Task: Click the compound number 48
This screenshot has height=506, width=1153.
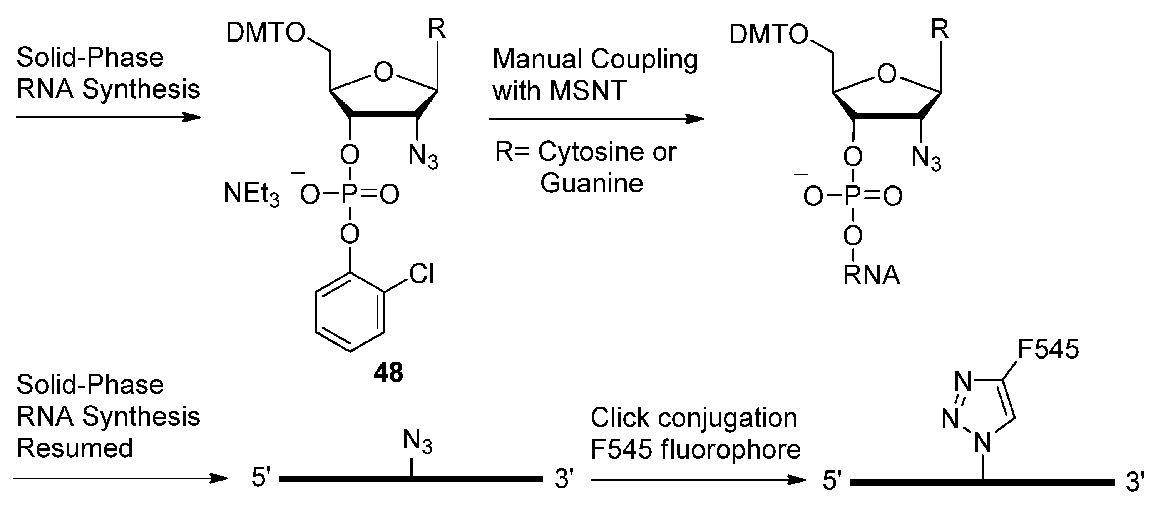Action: (388, 372)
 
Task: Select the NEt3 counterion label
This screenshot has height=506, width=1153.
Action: (251, 195)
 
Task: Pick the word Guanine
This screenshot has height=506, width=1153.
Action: (591, 183)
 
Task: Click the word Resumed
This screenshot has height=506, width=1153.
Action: (75, 448)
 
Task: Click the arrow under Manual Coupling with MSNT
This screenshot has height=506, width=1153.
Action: (596, 119)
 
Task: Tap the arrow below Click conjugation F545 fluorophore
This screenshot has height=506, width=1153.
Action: (698, 480)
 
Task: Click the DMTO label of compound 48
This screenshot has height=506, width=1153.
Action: (265, 33)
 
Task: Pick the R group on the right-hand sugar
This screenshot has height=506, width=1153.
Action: (940, 30)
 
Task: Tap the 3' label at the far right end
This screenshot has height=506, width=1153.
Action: (1135, 482)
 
